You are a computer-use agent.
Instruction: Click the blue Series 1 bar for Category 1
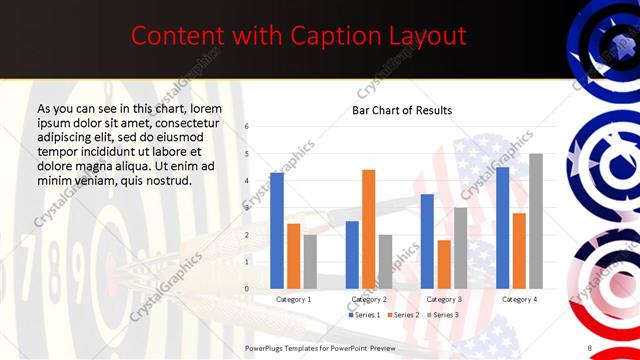[277, 231]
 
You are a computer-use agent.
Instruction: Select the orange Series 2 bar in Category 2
[368, 229]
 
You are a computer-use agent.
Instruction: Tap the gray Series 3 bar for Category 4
[536, 221]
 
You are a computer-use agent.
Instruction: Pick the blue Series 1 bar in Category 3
[427, 241]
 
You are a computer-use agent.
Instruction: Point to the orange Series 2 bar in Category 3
[444, 264]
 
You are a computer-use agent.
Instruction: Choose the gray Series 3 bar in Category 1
[310, 261]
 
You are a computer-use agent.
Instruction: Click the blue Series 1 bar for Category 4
[502, 228]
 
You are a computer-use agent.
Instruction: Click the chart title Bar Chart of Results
[402, 110]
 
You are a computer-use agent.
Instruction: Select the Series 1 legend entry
[365, 315]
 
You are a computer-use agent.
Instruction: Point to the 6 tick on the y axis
[247, 127]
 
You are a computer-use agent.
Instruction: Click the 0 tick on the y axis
[247, 289]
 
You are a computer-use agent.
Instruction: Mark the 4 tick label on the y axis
[247, 181]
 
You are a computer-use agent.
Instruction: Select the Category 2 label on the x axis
[368, 299]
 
